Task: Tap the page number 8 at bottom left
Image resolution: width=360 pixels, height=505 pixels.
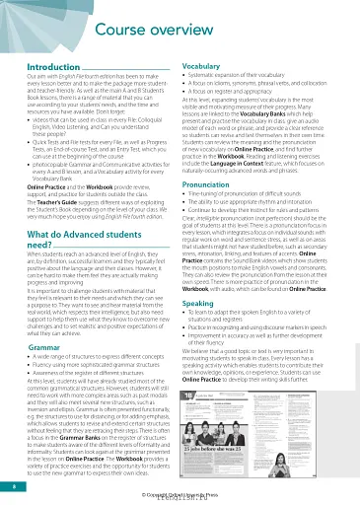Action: (12, 485)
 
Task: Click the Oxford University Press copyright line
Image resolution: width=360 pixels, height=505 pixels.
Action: (180, 494)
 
